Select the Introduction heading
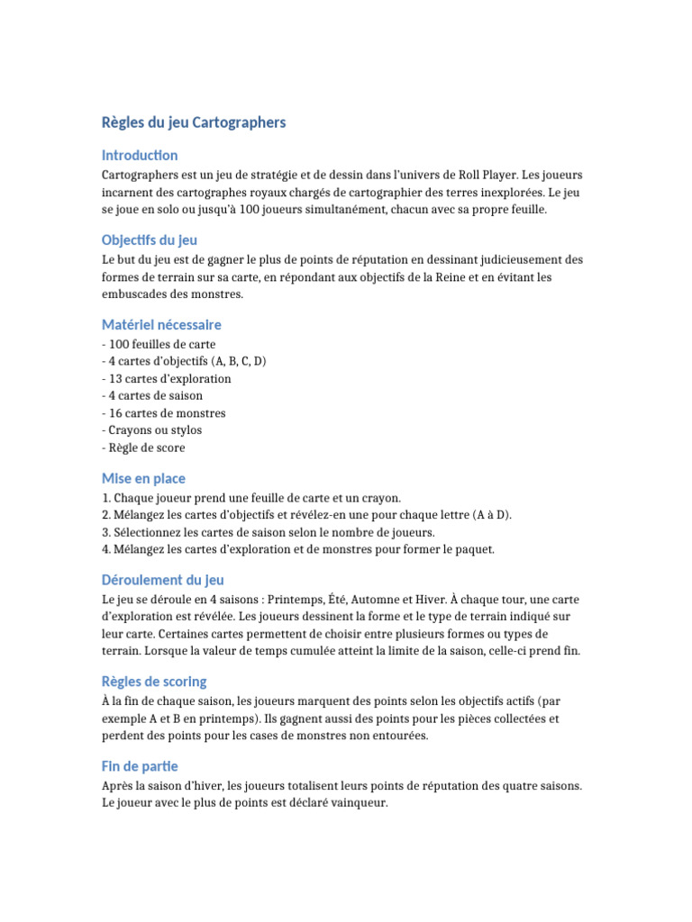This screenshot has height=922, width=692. [x=140, y=155]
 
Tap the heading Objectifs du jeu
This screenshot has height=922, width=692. [x=150, y=240]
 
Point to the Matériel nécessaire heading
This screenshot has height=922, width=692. [x=161, y=324]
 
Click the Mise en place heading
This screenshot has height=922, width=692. [x=144, y=479]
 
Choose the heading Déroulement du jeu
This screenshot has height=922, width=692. [x=163, y=581]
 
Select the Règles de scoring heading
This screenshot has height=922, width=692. [x=154, y=682]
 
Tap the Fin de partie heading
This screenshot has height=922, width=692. [x=140, y=766]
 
